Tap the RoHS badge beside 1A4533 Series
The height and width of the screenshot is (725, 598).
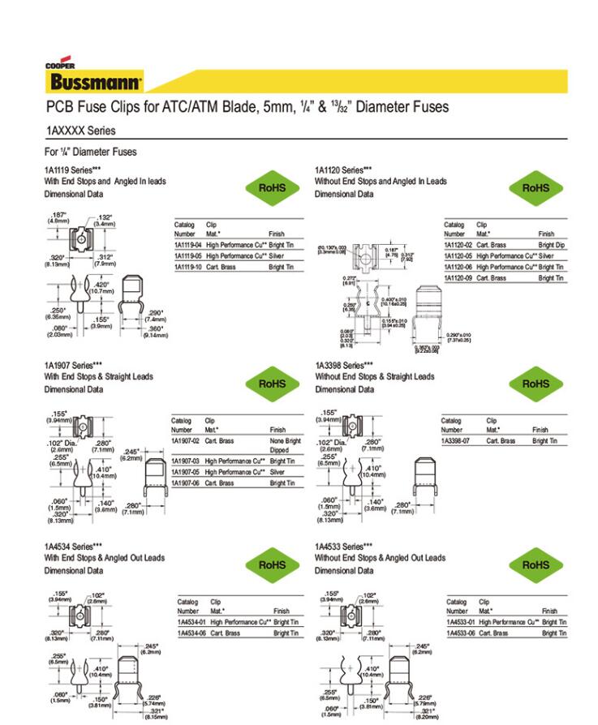click(536, 564)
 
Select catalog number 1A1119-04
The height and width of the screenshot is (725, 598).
click(188, 244)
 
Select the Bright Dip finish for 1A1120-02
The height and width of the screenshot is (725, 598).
click(551, 244)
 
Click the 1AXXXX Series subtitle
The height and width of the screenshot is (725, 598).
click(80, 131)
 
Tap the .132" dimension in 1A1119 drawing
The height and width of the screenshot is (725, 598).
click(105, 220)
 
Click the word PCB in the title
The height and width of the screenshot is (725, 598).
click(59, 107)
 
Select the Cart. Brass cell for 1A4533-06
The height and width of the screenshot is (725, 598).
click(493, 633)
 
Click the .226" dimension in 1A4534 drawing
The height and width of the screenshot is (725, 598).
click(154, 697)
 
